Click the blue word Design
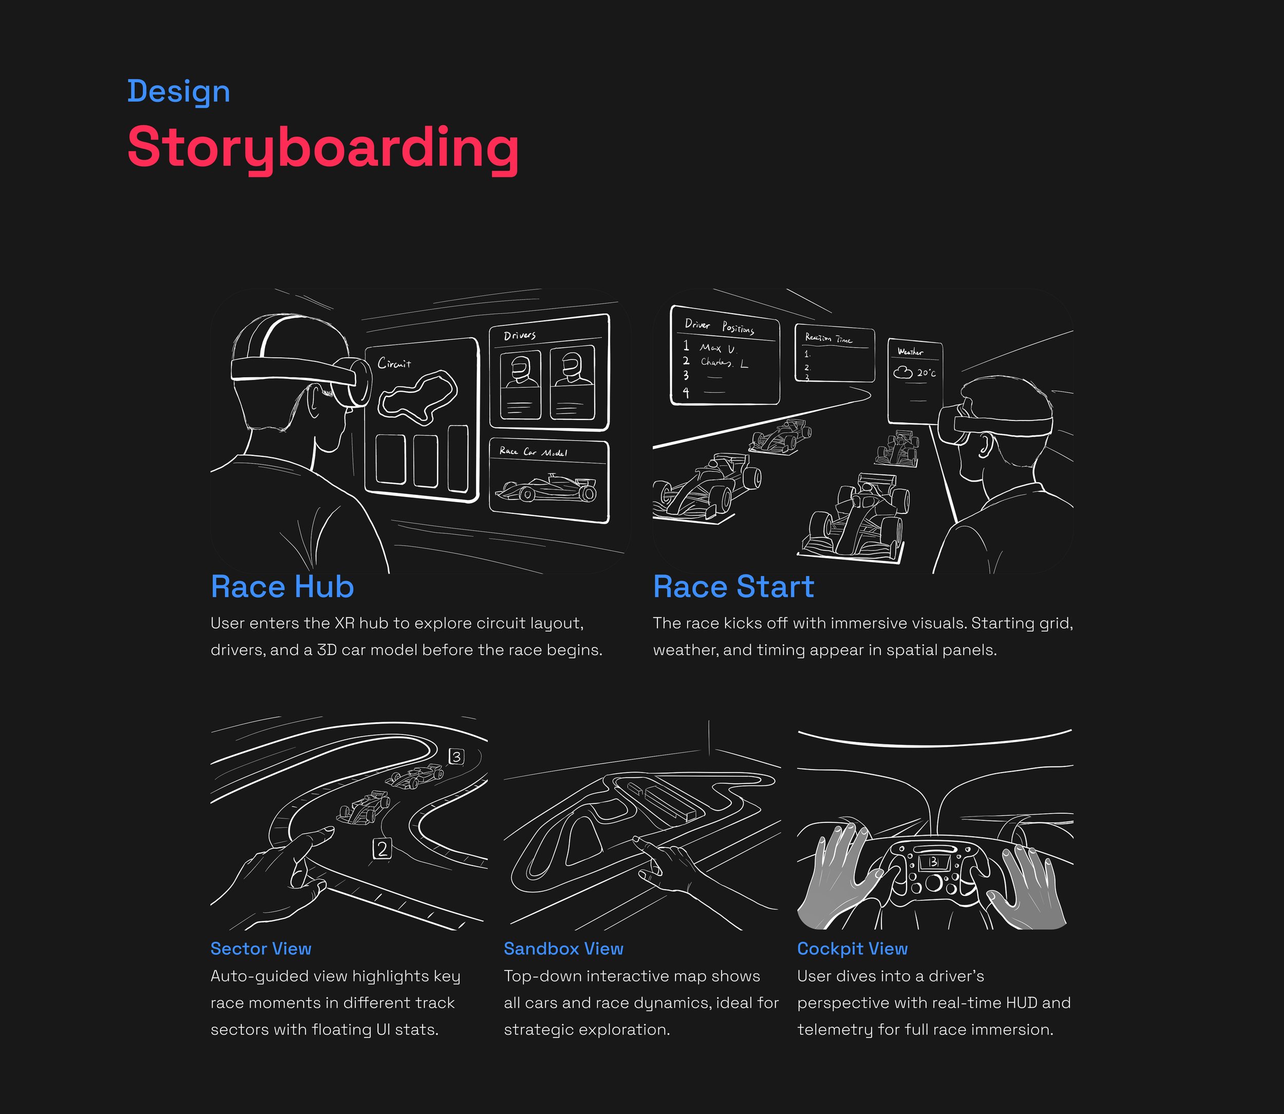tap(178, 91)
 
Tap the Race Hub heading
tap(282, 587)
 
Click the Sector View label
tap(260, 949)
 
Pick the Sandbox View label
tap(563, 949)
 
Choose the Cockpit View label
tap(852, 949)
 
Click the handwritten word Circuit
tap(394, 363)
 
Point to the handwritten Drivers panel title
tap(519, 336)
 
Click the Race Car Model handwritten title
tap(533, 452)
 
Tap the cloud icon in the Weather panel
tap(903, 372)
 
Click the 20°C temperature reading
tap(926, 373)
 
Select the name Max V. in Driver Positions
tap(717, 348)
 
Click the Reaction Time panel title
tap(828, 338)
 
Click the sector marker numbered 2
tap(382, 849)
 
